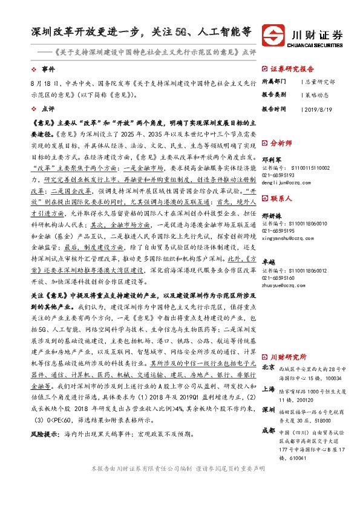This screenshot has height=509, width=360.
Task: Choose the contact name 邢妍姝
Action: (x=272, y=216)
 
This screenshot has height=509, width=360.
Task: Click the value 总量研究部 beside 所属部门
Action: (x=320, y=80)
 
